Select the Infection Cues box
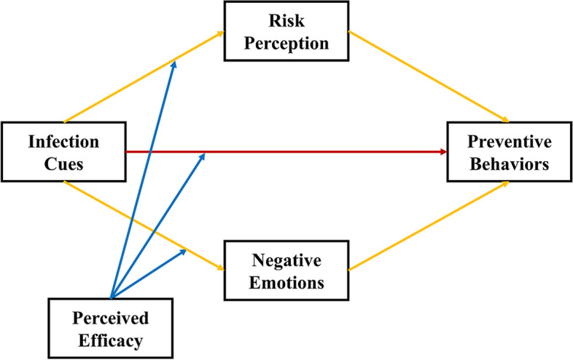pyautogui.click(x=64, y=152)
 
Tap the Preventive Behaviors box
pyautogui.click(x=508, y=152)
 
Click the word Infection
pyautogui.click(x=63, y=141)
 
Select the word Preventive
pyautogui.click(x=509, y=141)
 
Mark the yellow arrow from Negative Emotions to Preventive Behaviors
pyautogui.click(x=430, y=227)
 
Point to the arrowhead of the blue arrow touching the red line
pyautogui.click(x=203, y=157)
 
